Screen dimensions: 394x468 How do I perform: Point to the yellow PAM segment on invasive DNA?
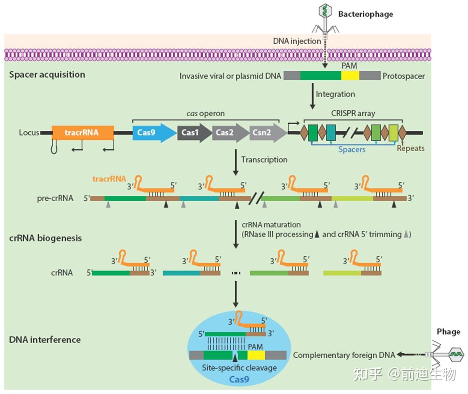(x=350, y=76)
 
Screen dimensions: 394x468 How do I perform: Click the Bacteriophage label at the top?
(x=365, y=14)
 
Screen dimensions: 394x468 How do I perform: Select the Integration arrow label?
(x=335, y=94)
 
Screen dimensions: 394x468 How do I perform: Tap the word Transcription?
(x=264, y=159)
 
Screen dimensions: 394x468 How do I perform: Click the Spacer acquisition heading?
(x=47, y=74)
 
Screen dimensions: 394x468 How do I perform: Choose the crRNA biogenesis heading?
(x=46, y=238)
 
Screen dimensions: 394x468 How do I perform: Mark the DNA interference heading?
(x=45, y=340)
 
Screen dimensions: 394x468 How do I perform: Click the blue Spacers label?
(x=352, y=149)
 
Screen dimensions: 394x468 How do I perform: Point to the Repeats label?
(x=411, y=148)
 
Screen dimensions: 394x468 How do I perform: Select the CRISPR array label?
(x=354, y=113)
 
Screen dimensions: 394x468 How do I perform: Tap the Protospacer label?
(x=404, y=76)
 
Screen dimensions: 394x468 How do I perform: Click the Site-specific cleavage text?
(x=239, y=367)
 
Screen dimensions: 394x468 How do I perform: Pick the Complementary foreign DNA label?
(x=344, y=355)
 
